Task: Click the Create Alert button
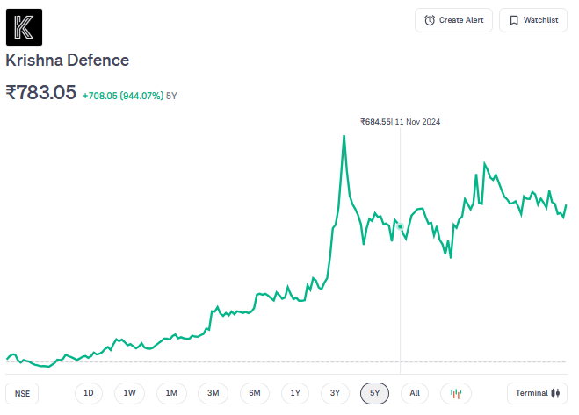pyautogui.click(x=453, y=20)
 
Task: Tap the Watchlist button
pyautogui.click(x=532, y=20)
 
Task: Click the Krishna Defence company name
pyautogui.click(x=68, y=61)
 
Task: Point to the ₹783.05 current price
pyautogui.click(x=41, y=92)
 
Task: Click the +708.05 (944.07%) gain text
pyautogui.click(x=123, y=95)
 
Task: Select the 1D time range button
pyautogui.click(x=89, y=393)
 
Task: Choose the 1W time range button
pyautogui.click(x=129, y=393)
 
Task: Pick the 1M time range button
pyautogui.click(x=171, y=393)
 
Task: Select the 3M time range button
pyautogui.click(x=213, y=393)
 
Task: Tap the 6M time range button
pyautogui.click(x=254, y=393)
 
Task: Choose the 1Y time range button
pyautogui.click(x=295, y=393)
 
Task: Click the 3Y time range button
pyautogui.click(x=335, y=393)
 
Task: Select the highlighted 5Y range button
pyautogui.click(x=374, y=393)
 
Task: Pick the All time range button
pyautogui.click(x=415, y=393)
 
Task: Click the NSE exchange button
pyautogui.click(x=22, y=394)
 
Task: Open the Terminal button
pyautogui.click(x=537, y=393)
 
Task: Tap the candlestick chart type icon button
pyautogui.click(x=456, y=393)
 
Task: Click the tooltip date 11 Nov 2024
pyautogui.click(x=417, y=122)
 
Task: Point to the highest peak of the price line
pyautogui.click(x=344, y=136)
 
